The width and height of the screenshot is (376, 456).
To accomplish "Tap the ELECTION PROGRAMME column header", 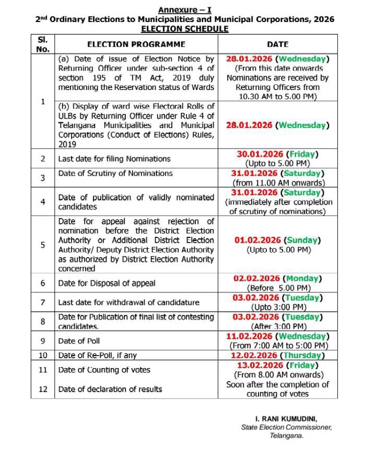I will (136, 44).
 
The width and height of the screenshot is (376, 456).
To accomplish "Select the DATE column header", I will (277, 44).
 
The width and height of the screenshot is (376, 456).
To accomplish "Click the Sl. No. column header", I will (43, 44).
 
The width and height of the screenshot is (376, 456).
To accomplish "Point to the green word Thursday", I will (302, 355).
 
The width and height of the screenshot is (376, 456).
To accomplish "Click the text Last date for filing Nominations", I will (114, 158).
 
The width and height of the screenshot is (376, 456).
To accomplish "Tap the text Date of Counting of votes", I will (104, 370).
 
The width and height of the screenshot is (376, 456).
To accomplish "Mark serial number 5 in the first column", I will (43, 245).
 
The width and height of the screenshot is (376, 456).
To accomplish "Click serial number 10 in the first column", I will (43, 356).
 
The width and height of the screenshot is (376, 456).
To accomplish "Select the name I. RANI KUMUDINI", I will (286, 419).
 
